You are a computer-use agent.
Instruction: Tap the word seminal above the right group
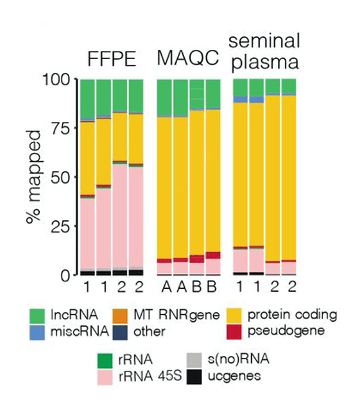coord(264,41)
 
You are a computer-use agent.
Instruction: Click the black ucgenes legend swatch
coord(196,375)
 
